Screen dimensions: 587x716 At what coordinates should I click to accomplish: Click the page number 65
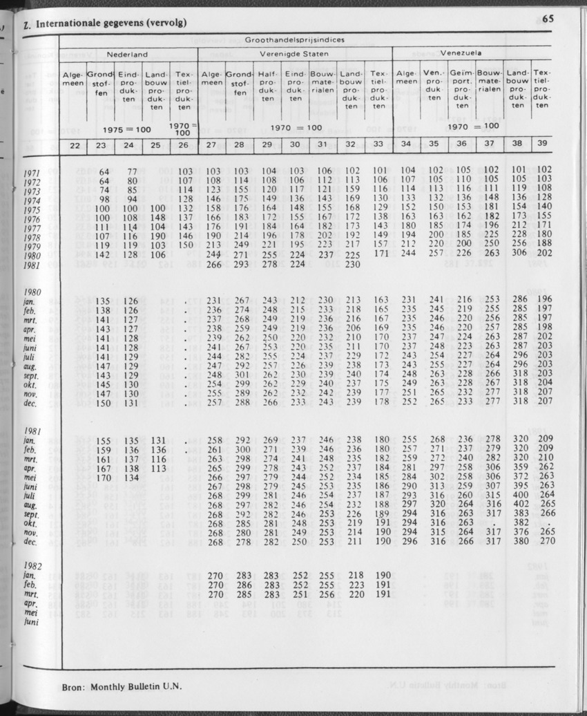(549, 19)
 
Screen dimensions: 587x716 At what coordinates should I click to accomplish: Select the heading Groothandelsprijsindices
(295, 40)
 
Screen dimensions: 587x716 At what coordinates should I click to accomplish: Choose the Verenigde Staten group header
(294, 53)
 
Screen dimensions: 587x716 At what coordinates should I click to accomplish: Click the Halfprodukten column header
(267, 86)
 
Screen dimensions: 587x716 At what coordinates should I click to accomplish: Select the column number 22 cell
(74, 145)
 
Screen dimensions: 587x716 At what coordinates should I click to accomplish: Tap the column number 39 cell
(542, 144)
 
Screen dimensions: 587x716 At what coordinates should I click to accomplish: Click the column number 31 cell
(323, 145)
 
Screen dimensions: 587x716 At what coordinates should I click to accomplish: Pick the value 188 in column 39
(544, 243)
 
